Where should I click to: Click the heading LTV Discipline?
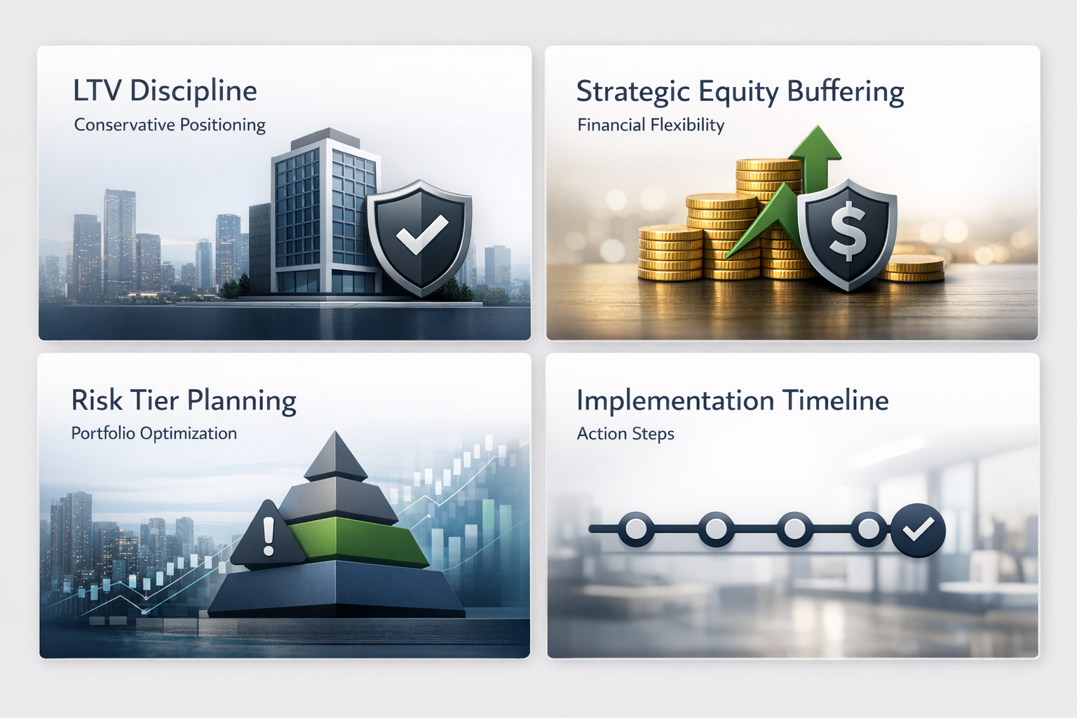[x=165, y=91]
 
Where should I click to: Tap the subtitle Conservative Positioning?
[x=170, y=125]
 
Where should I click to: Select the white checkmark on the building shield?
[x=421, y=234]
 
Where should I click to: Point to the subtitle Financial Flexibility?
[x=651, y=125]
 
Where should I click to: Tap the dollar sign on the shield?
[x=848, y=231]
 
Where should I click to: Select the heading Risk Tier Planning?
[x=184, y=400]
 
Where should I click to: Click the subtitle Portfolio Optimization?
[x=154, y=433]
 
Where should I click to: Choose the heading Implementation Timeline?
[x=732, y=400]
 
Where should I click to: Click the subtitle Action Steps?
[x=625, y=433]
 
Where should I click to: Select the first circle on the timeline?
[x=636, y=529]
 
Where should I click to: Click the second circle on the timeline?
[x=716, y=529]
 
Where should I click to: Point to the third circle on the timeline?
[x=794, y=529]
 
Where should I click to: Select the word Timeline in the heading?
[x=835, y=400]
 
